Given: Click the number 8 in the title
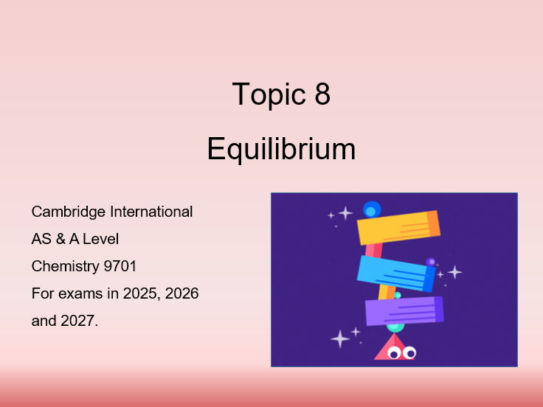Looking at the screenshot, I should click(x=322, y=95).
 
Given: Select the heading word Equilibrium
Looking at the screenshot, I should click(x=281, y=149).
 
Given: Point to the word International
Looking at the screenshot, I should click(x=151, y=212).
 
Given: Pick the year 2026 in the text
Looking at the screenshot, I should click(x=182, y=293).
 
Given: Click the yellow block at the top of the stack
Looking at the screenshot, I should click(x=398, y=227).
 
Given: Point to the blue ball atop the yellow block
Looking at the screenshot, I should click(x=371, y=210).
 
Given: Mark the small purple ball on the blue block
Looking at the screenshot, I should click(x=431, y=262).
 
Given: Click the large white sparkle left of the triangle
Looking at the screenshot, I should click(x=340, y=338).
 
